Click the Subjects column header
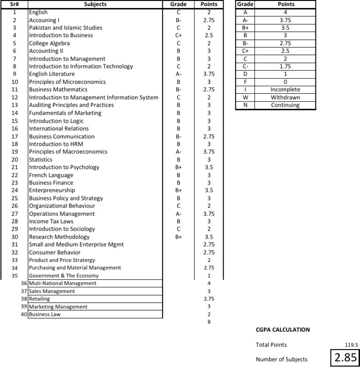click(x=95, y=4)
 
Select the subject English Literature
click(x=52, y=74)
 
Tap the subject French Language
click(x=51, y=175)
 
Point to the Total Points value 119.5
click(x=351, y=345)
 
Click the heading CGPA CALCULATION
click(x=283, y=330)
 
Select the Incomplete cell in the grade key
click(x=285, y=90)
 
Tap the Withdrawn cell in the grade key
click(x=285, y=97)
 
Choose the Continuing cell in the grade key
click(x=285, y=105)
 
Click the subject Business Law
click(x=45, y=315)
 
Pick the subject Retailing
click(x=39, y=299)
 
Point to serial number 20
click(x=15, y=159)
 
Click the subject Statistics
click(x=40, y=159)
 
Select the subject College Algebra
click(x=46, y=43)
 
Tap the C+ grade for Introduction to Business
click(x=179, y=35)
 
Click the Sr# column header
click(x=14, y=4)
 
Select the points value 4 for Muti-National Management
click(x=209, y=284)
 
